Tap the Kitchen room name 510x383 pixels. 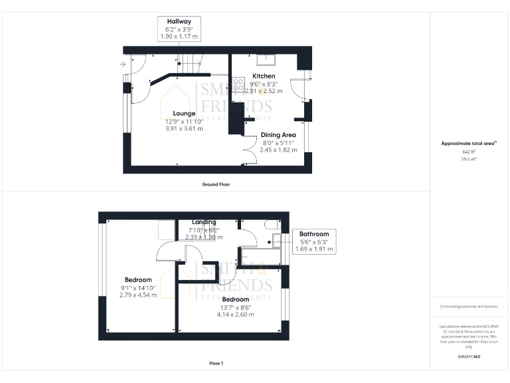point(264,76)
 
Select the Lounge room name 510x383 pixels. point(184,114)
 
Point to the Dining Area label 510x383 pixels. point(278,135)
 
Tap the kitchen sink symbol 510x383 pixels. point(267,59)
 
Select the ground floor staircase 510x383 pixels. point(190,65)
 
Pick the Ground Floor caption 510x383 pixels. point(216,184)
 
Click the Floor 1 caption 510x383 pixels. point(216,364)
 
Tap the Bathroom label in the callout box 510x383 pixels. point(314,234)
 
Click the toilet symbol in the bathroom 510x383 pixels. point(272,224)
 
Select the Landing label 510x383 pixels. point(204,222)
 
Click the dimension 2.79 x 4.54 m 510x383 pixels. point(138,295)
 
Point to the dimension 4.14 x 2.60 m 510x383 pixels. point(236,315)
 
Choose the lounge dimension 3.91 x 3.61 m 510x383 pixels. point(184,128)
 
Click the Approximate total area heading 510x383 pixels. point(469,144)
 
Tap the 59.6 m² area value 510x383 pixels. point(469,160)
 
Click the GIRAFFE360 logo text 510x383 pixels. point(469,358)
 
